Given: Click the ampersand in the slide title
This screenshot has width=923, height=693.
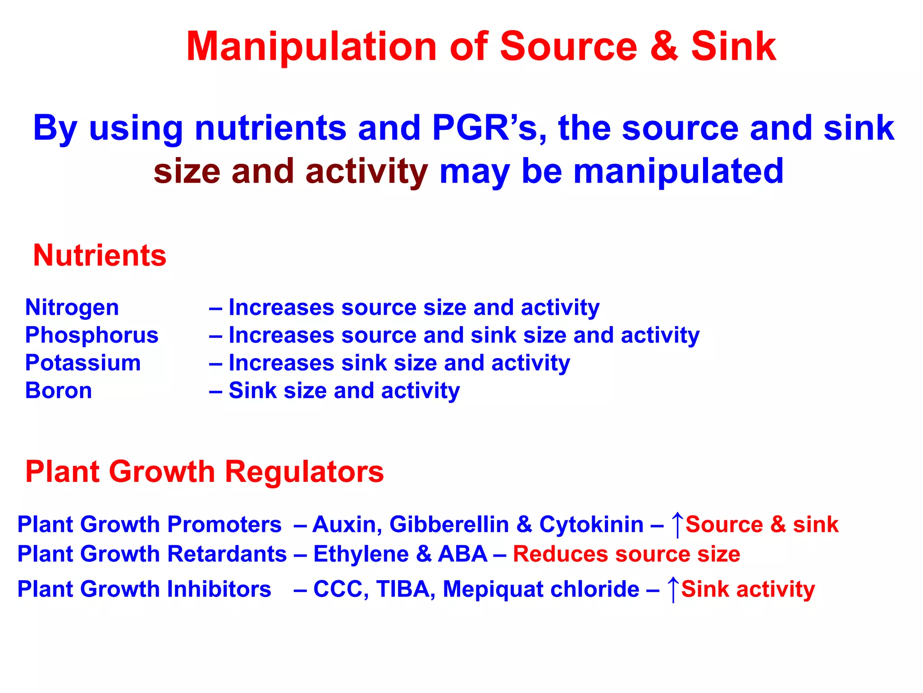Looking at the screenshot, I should tap(664, 46).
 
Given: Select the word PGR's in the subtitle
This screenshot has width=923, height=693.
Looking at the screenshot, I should tap(489, 128).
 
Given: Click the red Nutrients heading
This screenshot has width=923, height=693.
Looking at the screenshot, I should tap(100, 255).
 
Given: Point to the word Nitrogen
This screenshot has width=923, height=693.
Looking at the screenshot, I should tap(72, 308).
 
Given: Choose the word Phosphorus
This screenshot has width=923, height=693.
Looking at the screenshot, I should tap(92, 335).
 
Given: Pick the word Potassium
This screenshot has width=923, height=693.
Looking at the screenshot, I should tap(83, 363).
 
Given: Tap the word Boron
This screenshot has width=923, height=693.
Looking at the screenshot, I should tap(59, 391).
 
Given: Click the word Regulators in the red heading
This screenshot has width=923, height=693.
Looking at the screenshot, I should tap(304, 472).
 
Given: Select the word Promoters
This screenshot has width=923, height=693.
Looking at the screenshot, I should tap(224, 525).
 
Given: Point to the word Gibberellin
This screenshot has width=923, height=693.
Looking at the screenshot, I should tap(449, 525).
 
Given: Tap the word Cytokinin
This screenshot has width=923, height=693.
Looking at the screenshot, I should tap(591, 525).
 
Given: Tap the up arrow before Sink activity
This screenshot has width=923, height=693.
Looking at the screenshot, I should tap(673, 589).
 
